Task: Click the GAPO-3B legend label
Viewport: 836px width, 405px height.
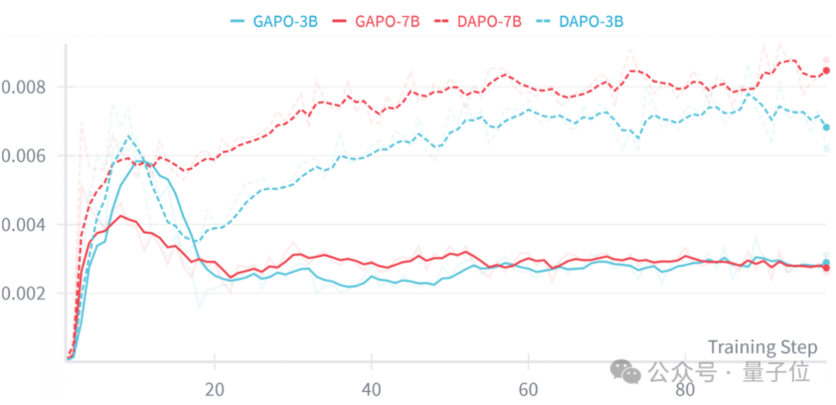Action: point(285,22)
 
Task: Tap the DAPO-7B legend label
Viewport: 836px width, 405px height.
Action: point(489,22)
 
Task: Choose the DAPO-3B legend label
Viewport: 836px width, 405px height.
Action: point(591,22)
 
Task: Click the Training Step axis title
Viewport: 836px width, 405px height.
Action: point(762,348)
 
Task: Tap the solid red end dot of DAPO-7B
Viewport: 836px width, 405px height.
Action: point(827,70)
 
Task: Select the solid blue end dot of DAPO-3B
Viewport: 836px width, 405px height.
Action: point(827,128)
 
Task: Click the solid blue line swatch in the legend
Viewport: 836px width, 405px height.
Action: point(238,22)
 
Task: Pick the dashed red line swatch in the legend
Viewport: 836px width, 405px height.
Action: point(442,22)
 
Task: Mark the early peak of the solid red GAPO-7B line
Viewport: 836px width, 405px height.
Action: point(122,215)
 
